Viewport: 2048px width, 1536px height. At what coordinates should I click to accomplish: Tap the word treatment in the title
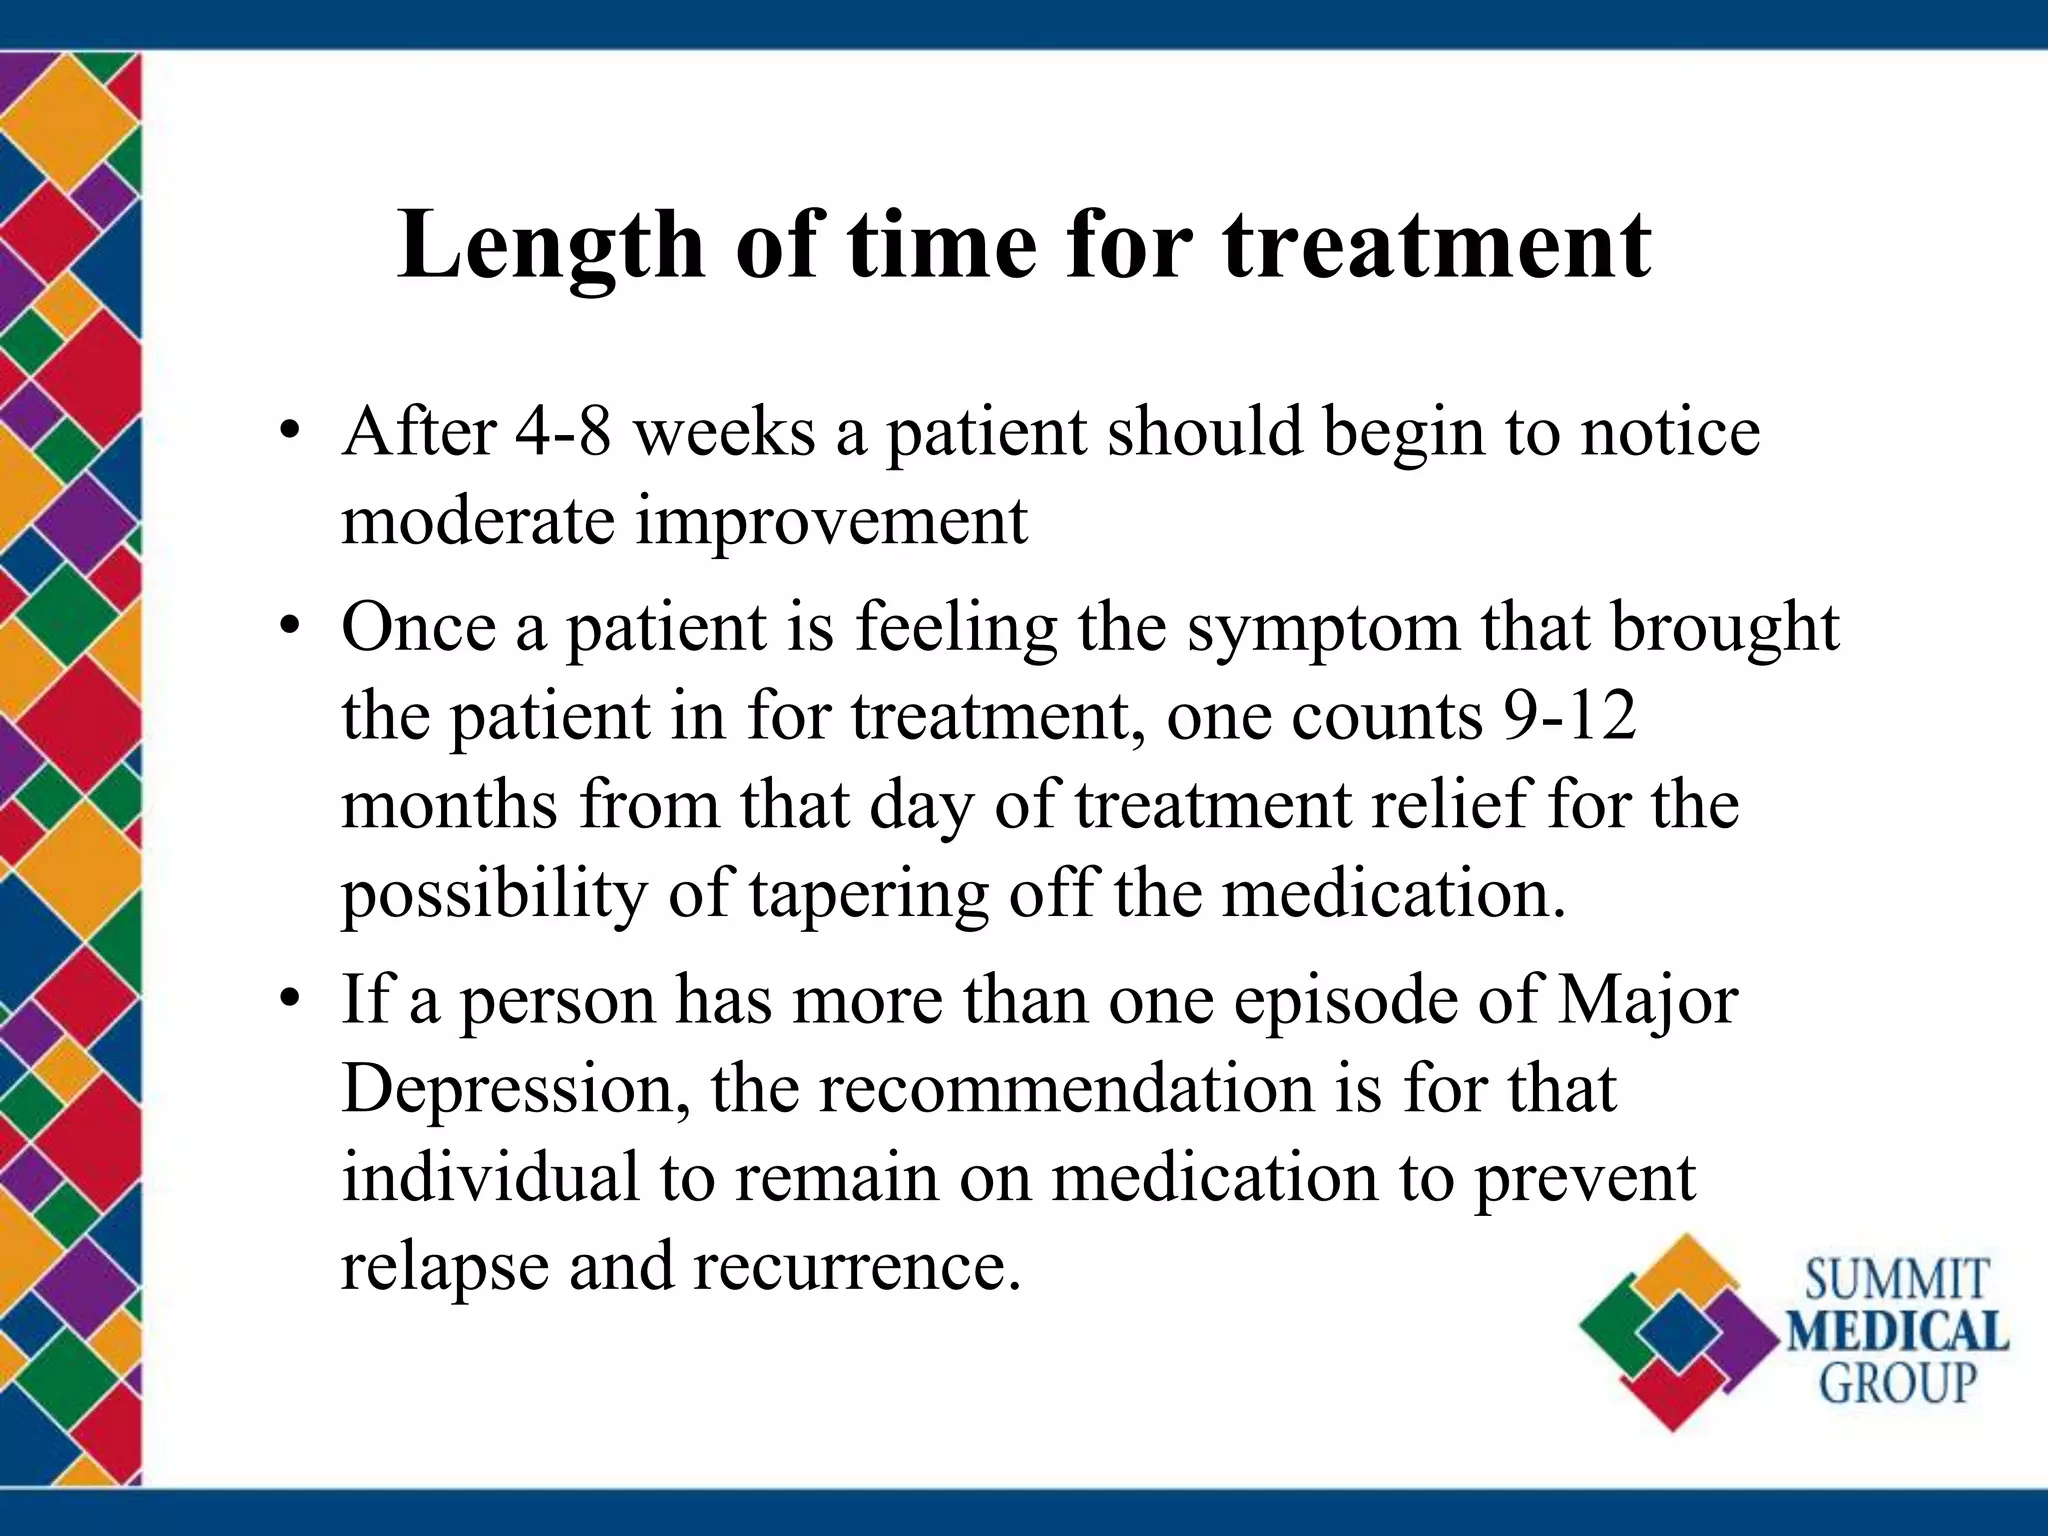pyautogui.click(x=1437, y=245)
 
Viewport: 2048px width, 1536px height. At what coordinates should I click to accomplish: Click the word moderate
pyautogui.click(x=477, y=521)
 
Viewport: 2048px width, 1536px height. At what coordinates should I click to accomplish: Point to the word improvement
pyautogui.click(x=831, y=521)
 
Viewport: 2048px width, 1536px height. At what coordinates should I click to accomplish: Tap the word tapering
pyautogui.click(x=868, y=893)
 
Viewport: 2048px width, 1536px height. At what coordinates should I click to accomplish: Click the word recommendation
pyautogui.click(x=1066, y=1088)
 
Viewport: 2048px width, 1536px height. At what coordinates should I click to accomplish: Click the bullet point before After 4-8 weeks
pyautogui.click(x=290, y=434)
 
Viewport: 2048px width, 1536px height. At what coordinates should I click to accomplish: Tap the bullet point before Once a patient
pyautogui.click(x=290, y=629)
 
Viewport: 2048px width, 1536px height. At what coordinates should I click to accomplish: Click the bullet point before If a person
pyautogui.click(x=290, y=1001)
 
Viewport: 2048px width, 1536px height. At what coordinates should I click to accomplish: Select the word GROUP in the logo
pyautogui.click(x=1897, y=1384)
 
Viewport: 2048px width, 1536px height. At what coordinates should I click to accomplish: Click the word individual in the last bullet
pyautogui.click(x=490, y=1177)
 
